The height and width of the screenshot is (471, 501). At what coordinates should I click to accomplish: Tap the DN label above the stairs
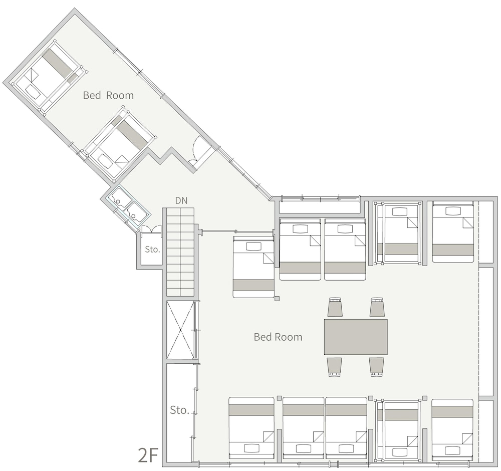tap(181, 200)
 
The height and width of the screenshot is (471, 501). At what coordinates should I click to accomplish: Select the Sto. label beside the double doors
tap(152, 249)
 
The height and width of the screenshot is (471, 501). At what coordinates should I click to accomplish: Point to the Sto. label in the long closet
tap(179, 410)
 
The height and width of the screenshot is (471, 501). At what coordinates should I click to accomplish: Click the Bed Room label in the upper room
tap(108, 95)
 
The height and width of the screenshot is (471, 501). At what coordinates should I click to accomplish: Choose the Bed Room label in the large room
tap(278, 337)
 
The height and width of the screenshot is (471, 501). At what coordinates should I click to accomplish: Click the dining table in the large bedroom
tap(356, 337)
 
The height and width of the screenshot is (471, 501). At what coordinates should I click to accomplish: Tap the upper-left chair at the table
tap(335, 307)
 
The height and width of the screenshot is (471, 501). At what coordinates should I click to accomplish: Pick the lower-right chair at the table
tap(377, 367)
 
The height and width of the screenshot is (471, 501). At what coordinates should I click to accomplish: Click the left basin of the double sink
tap(120, 199)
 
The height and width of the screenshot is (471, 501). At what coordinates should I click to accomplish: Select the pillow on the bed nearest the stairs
tap(254, 247)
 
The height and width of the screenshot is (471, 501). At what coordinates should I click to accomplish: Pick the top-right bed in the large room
tap(452, 231)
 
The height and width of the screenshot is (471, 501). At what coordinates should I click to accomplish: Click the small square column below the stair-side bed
tap(277, 299)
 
